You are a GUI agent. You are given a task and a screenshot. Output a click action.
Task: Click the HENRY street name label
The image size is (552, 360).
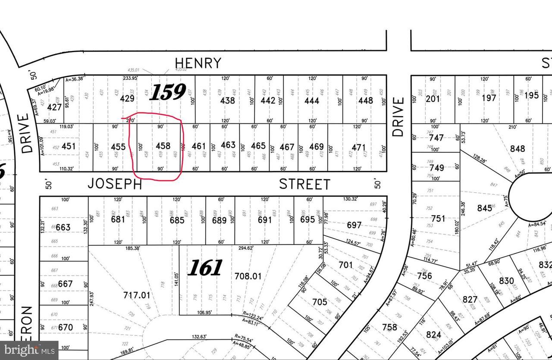click(x=198, y=63)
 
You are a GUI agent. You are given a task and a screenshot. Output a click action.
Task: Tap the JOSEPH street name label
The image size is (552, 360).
click(x=115, y=184)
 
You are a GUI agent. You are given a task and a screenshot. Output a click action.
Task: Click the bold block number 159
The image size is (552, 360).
click(x=167, y=92)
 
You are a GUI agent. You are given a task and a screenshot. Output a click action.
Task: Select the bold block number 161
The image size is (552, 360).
click(x=205, y=268)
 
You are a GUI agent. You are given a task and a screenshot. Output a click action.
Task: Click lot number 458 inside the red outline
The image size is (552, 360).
click(x=163, y=146)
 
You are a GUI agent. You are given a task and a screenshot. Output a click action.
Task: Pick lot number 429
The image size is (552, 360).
click(x=127, y=98)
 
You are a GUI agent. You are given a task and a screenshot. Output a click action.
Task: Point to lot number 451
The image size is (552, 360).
click(x=69, y=146)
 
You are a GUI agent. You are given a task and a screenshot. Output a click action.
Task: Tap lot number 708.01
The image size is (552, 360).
click(x=248, y=275)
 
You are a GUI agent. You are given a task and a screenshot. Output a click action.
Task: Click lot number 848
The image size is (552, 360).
click(x=517, y=149)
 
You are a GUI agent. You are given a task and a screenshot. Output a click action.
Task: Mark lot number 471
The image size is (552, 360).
click(x=358, y=147)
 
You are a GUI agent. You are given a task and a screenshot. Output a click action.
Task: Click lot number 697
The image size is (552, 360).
click(x=354, y=225)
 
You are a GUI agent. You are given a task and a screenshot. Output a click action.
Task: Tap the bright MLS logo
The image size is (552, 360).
click(x=29, y=351)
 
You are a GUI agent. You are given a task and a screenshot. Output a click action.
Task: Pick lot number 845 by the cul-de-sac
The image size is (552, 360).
click(x=484, y=208)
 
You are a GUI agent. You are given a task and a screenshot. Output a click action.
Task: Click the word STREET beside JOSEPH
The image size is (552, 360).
click(x=304, y=185)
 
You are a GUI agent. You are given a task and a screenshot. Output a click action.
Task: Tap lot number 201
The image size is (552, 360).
click(x=433, y=99)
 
